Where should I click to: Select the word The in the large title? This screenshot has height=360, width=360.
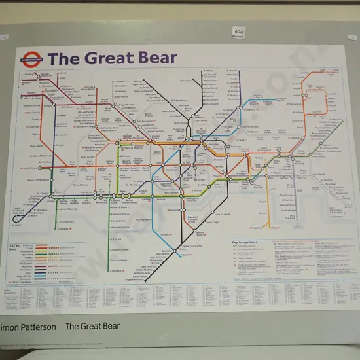click(x=63, y=58)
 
